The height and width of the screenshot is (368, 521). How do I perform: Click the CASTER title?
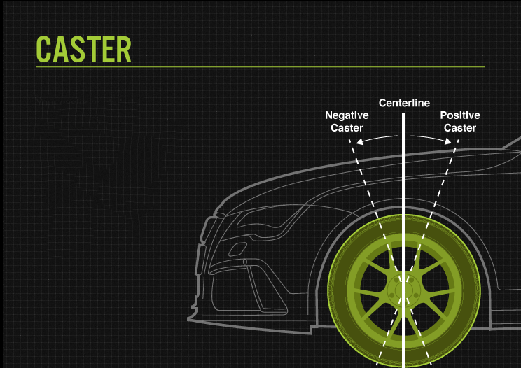(83, 48)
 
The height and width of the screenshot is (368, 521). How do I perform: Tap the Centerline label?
(404, 104)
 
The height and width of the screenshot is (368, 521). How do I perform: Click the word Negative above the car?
(347, 115)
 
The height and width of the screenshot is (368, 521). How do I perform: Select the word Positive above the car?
(460, 115)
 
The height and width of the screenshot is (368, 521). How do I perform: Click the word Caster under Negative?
(347, 128)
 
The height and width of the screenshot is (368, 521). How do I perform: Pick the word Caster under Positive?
(460, 128)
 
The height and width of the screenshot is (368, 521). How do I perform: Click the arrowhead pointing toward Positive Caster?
(449, 141)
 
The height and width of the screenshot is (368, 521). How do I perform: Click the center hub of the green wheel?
(403, 288)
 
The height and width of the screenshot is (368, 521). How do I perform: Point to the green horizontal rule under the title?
(260, 67)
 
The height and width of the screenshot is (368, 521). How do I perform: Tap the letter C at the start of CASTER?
(44, 48)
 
